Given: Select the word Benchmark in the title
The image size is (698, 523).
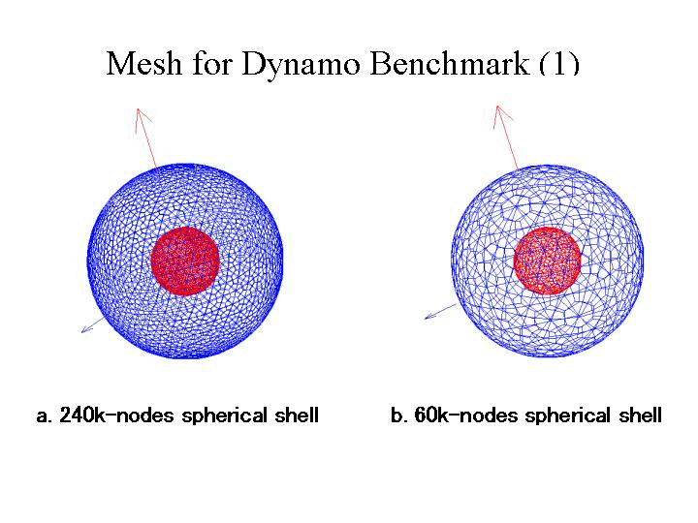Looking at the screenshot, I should click(438, 64).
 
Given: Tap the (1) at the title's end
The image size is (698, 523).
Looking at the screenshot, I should click(557, 64).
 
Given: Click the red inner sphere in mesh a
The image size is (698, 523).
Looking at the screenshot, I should click(185, 261).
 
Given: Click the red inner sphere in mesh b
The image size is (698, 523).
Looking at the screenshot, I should click(548, 261).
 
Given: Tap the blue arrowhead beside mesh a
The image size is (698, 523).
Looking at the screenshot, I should click(88, 329).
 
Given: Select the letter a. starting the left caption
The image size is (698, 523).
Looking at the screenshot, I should click(44, 416).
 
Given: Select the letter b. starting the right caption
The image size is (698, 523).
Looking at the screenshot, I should click(398, 416).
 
